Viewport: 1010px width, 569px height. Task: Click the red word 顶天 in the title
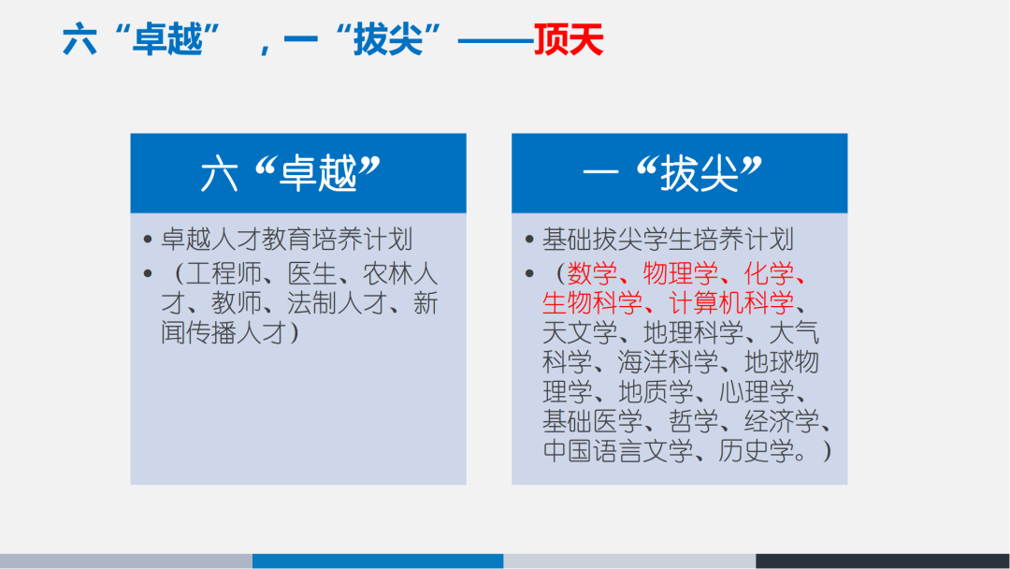[x=569, y=41]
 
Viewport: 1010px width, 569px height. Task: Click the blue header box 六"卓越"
[x=297, y=173]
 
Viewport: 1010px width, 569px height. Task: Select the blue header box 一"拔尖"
[x=679, y=173]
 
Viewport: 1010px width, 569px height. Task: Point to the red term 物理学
[x=681, y=273]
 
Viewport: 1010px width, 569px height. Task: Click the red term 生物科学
[x=592, y=303]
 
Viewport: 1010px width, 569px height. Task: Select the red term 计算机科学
[x=730, y=303]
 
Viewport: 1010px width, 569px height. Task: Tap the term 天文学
[x=580, y=332]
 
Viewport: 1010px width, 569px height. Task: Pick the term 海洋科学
[x=669, y=362]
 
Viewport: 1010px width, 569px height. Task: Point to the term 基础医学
[x=592, y=421]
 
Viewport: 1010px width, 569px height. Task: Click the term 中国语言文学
[x=617, y=451]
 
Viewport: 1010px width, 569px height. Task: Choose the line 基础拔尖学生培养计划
[x=668, y=240]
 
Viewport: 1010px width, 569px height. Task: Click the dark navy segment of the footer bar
[x=883, y=561]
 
